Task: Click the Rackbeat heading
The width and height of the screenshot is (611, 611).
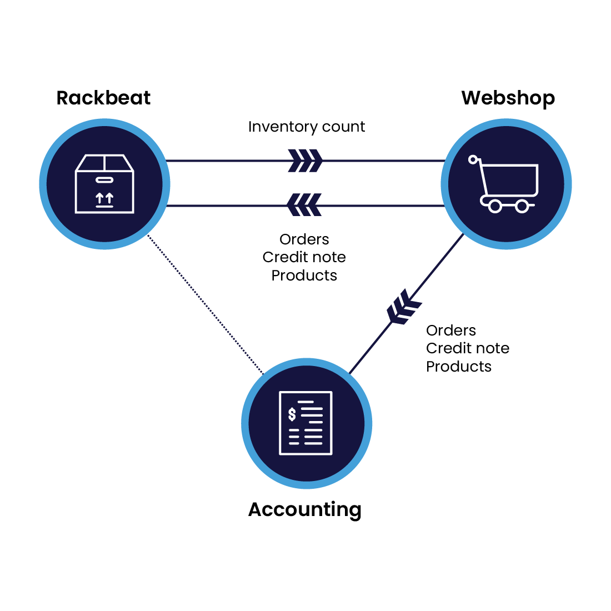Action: [x=103, y=98]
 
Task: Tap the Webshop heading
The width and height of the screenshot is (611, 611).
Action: [x=508, y=98]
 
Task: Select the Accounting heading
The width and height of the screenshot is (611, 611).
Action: [x=305, y=509]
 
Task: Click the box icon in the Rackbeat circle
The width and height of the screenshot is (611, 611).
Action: [x=104, y=183]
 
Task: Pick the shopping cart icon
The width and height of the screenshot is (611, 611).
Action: [x=506, y=183]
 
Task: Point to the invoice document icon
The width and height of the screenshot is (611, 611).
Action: [x=306, y=423]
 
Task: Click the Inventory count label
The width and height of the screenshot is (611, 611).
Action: [x=307, y=127]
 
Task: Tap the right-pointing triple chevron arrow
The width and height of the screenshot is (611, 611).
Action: [x=305, y=161]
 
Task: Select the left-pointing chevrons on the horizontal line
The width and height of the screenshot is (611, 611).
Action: [x=304, y=205]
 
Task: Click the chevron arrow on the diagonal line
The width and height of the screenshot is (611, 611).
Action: [x=403, y=307]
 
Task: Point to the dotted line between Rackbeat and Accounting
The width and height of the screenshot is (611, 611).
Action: [x=205, y=304]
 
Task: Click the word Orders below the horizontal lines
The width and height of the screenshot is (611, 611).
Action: [x=304, y=239]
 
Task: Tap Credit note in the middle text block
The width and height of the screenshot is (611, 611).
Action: [x=304, y=257]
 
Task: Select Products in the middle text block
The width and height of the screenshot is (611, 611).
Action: [x=304, y=276]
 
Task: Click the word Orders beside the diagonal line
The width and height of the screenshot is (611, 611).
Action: [x=451, y=330]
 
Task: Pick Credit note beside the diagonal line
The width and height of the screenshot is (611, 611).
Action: [x=468, y=348]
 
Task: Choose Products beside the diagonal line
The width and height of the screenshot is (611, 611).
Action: [x=459, y=367]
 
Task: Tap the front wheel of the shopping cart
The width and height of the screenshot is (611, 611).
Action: [x=494, y=207]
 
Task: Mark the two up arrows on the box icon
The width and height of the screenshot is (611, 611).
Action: [x=104, y=197]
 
